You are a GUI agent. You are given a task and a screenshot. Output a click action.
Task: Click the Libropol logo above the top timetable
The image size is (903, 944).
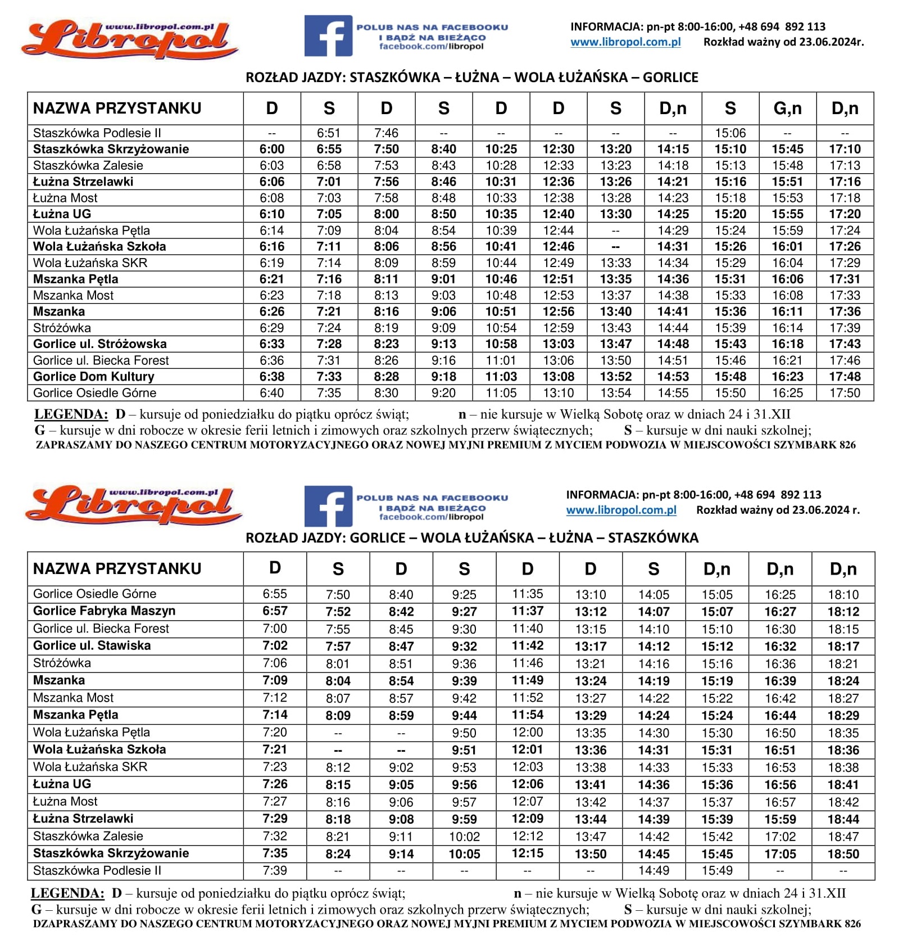click(129, 39)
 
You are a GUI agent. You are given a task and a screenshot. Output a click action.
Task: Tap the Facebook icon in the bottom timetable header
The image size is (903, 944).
click(328, 506)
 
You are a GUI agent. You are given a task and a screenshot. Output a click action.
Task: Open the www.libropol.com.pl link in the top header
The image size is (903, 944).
click(625, 42)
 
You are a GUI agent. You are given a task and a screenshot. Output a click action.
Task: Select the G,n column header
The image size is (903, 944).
click(787, 109)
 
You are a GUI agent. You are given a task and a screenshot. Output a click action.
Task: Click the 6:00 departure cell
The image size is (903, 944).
click(272, 149)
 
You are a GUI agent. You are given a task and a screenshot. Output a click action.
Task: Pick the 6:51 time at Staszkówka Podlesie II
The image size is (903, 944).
click(329, 133)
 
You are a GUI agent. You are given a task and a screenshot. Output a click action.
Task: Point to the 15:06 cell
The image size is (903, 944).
click(730, 133)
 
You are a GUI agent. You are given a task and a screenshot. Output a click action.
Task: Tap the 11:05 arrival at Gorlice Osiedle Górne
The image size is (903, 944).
click(501, 393)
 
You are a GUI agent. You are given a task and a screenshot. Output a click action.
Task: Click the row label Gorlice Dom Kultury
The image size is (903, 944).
click(94, 377)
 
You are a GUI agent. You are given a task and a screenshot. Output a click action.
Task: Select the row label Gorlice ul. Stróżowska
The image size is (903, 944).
click(100, 344)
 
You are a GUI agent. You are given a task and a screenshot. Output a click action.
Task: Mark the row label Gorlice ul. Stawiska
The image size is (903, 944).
click(92, 645)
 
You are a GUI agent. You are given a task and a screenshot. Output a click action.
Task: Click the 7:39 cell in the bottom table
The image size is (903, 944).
click(275, 871)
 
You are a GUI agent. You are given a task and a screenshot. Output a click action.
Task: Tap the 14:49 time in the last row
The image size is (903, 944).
click(654, 871)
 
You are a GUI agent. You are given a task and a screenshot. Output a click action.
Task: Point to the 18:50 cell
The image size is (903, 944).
click(843, 854)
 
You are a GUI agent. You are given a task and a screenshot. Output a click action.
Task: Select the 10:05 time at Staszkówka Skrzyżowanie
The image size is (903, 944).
click(464, 854)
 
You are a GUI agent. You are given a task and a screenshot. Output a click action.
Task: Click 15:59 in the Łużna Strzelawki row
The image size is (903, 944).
click(780, 819)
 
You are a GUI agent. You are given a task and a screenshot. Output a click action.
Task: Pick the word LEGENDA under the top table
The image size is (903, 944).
click(71, 415)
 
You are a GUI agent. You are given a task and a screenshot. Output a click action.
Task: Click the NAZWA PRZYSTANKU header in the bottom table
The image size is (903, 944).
click(117, 569)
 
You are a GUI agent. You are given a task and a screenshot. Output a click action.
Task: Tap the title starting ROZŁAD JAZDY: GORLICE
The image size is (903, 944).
click(472, 538)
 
